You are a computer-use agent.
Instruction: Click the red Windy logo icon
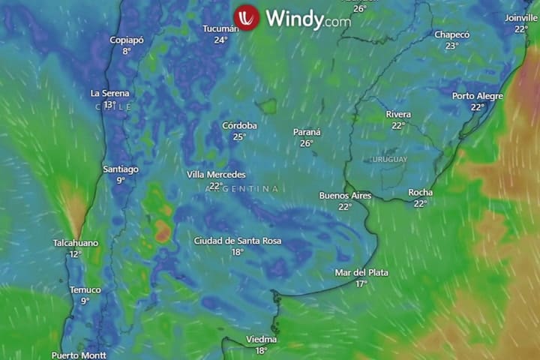(246, 17)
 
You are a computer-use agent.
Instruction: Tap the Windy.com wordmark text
(307, 19)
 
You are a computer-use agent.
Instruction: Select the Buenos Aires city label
(345, 196)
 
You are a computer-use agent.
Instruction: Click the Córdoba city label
(239, 126)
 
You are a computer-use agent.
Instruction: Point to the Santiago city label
(120, 169)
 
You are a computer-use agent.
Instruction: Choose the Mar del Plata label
(361, 273)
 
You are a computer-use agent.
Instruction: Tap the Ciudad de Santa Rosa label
(237, 241)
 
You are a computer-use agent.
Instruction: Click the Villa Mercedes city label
(216, 175)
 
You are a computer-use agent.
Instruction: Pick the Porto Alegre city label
(478, 96)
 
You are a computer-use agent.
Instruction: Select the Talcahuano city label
(75, 243)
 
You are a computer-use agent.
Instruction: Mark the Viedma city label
(261, 340)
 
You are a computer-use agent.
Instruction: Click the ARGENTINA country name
(241, 189)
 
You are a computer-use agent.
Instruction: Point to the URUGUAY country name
(388, 160)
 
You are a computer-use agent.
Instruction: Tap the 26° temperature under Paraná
(306, 143)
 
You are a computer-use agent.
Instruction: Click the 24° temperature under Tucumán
(220, 40)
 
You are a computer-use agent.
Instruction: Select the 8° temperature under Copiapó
(126, 51)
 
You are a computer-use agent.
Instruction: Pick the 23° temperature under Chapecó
(451, 46)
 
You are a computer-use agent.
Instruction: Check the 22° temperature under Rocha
(420, 203)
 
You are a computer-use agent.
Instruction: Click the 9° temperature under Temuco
(85, 301)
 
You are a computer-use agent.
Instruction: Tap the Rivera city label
(397, 114)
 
